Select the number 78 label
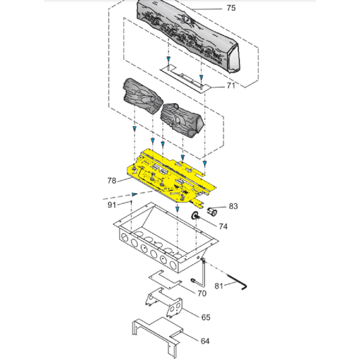(112, 180)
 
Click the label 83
(234, 206)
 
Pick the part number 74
(222, 226)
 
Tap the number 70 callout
(202, 293)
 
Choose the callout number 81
(218, 285)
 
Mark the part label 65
(205, 316)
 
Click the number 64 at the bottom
(205, 341)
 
